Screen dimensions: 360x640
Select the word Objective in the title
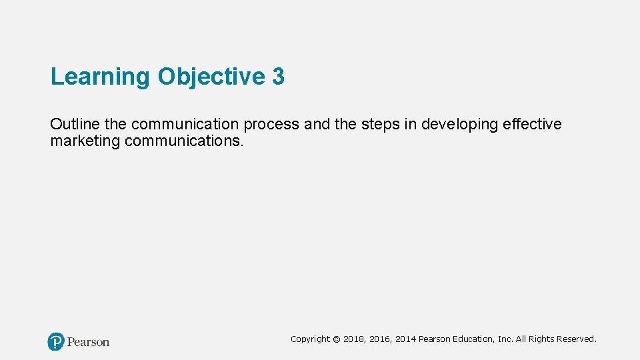click(x=211, y=77)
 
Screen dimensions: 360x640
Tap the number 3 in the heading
click(x=278, y=77)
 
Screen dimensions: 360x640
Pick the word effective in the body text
click(x=533, y=125)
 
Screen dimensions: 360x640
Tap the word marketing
click(x=85, y=141)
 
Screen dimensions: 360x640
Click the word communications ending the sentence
click(x=185, y=141)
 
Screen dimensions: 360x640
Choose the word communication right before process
click(x=187, y=125)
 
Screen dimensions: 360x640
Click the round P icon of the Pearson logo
click(x=56, y=342)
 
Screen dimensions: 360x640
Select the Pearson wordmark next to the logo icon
click(x=88, y=342)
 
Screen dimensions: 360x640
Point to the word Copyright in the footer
click(x=310, y=339)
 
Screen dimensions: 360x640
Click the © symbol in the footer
click(x=336, y=339)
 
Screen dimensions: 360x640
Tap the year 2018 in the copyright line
click(x=354, y=339)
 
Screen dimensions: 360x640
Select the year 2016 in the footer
click(x=380, y=339)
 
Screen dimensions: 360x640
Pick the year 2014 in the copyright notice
click(x=405, y=339)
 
